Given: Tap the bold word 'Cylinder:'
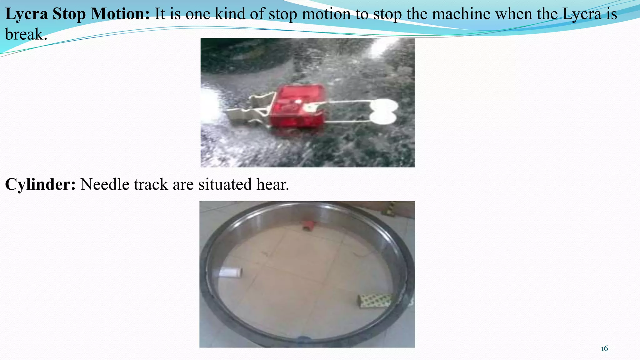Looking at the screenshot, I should tap(40, 184).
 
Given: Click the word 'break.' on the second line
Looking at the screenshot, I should tap(26, 34).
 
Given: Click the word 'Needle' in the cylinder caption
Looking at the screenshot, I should tap(105, 184).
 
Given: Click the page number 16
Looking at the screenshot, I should tap(604, 348).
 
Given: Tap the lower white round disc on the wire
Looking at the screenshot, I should tap(383, 118).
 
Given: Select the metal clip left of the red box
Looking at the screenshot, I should tap(250, 108).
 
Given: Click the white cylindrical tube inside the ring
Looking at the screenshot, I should tap(230, 272).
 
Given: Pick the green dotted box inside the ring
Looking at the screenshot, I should tap(374, 300).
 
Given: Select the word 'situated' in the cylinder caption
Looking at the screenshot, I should tap(225, 184).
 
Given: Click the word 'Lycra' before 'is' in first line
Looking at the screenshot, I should tap(582, 14).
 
